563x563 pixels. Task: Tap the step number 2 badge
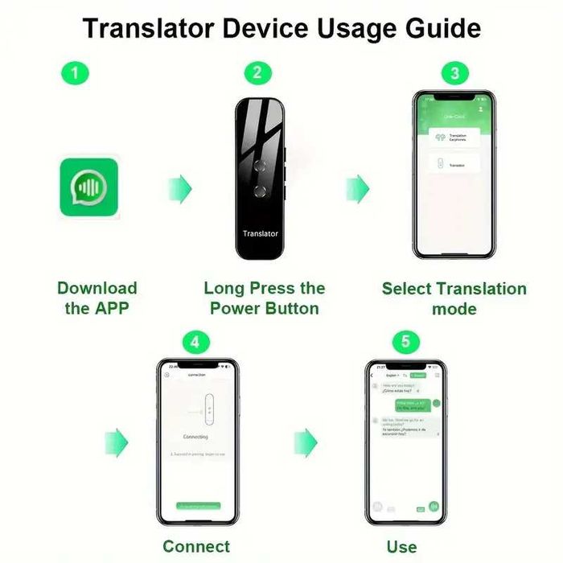coord(257,73)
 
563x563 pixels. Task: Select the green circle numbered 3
coord(454,74)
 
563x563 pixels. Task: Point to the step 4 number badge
coord(196,342)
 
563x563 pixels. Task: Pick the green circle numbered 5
coord(405,342)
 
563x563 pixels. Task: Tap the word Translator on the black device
coord(260,234)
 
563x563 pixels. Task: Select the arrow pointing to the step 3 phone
coord(357,190)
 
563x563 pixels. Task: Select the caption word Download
coord(97,288)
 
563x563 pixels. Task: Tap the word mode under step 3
coord(454,309)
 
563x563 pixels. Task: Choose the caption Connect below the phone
coord(196,547)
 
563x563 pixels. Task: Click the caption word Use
coord(401,547)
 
